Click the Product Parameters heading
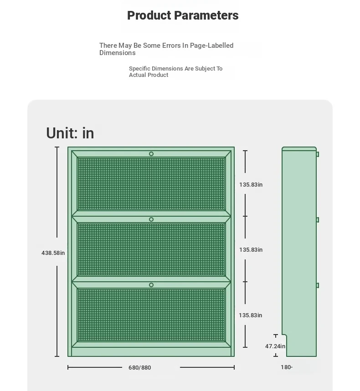coord(183,15)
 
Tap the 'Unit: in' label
coord(70,133)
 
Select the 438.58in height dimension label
coord(53,253)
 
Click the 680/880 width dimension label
coord(139,368)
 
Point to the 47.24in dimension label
coord(275,346)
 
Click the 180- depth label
coord(287,367)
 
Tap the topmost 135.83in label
coord(251,184)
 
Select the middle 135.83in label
coord(251,249)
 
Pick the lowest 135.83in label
coord(250,315)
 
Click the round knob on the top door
coord(151,154)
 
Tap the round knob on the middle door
coord(151,219)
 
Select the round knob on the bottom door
coord(151,285)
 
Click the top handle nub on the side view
coord(318,154)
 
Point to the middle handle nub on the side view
coord(318,220)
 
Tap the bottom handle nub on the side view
coord(318,285)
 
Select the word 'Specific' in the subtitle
coord(139,69)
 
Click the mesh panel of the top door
coord(151,184)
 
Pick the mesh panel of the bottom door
coord(151,315)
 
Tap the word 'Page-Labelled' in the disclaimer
coord(212,46)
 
